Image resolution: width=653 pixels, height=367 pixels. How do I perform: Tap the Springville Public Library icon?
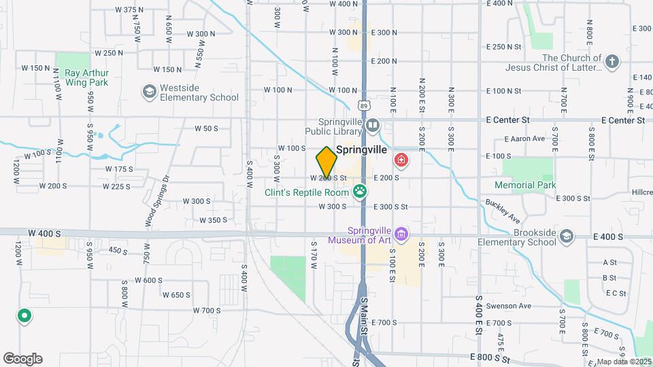click(372, 125)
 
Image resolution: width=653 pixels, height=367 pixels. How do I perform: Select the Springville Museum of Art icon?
click(401, 235)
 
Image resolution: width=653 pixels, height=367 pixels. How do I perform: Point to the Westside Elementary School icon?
click(148, 91)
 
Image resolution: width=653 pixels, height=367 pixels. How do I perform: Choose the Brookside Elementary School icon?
click(567, 236)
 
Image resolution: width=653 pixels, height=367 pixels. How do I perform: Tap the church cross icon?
click(612, 62)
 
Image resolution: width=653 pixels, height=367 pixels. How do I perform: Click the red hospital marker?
click(402, 160)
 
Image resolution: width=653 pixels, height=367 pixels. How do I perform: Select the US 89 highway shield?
click(365, 105)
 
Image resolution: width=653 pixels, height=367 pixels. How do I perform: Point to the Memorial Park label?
click(525, 185)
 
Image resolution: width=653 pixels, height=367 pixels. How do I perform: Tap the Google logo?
click(22, 358)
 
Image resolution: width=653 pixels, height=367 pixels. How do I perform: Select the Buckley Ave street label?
click(503, 211)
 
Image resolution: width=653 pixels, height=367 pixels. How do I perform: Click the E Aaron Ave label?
click(524, 139)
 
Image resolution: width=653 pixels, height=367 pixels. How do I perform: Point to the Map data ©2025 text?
click(623, 362)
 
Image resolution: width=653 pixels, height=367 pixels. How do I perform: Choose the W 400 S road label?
click(41, 232)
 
